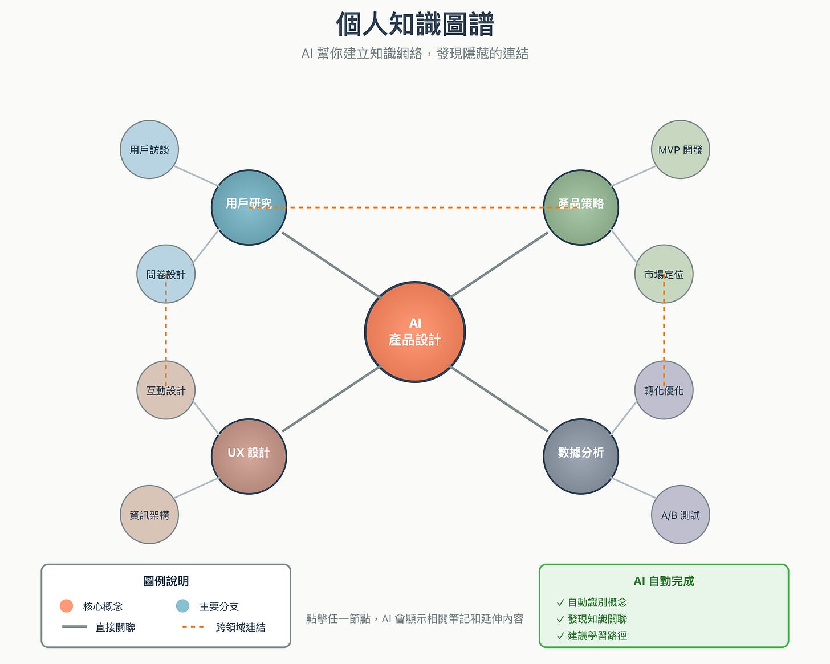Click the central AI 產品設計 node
coord(415,332)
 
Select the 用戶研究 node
coord(249,207)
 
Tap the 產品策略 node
coord(581,207)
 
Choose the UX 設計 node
coord(249,456)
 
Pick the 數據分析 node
coord(581,456)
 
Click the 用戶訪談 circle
coord(149,149)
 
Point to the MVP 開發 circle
coord(680,149)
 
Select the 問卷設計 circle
coord(166,274)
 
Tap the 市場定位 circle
coord(664,274)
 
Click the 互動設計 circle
coord(166,390)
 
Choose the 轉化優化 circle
coord(664,390)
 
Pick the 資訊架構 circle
coord(149,515)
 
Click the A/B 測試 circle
coord(680,515)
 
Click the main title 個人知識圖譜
coord(415,25)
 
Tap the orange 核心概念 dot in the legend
coord(66,606)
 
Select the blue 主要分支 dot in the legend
coord(182,606)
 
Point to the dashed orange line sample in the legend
coord(193,627)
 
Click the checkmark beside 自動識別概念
coord(560,602)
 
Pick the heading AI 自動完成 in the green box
coord(664,581)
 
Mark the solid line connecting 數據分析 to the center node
coord(499,399)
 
